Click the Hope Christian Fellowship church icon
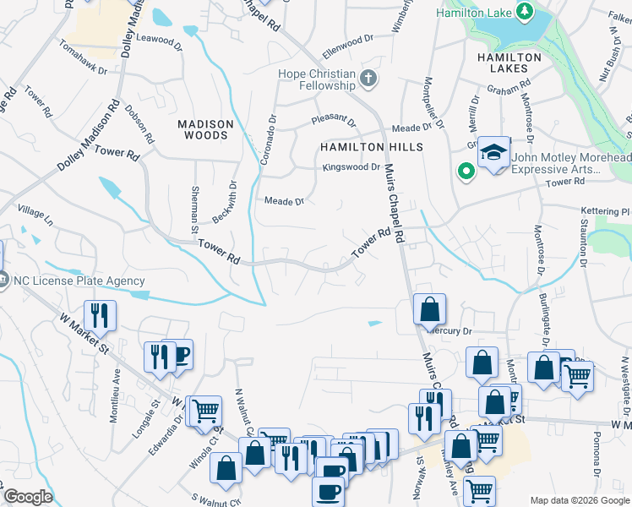click(x=368, y=79)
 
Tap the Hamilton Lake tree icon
click(x=524, y=12)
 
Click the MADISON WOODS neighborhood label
click(x=204, y=129)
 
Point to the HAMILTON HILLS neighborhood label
click(x=369, y=147)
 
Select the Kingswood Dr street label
click(x=351, y=167)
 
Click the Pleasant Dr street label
click(x=334, y=120)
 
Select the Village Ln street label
click(x=35, y=215)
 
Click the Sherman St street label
click(x=194, y=210)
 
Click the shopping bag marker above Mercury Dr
click(x=429, y=309)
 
